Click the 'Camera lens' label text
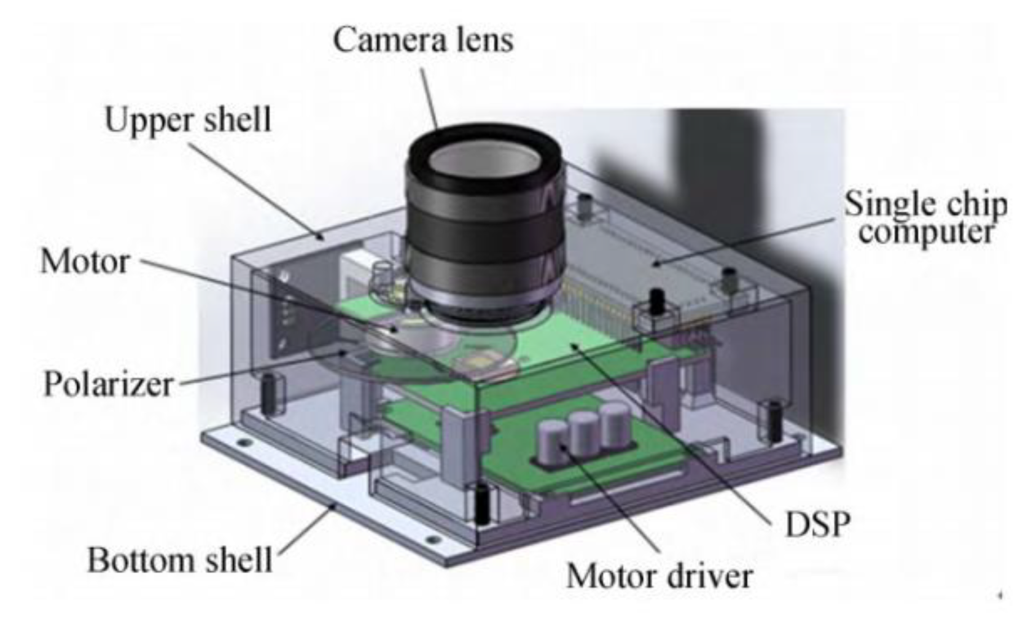point(423,40)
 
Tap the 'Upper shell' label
point(188,120)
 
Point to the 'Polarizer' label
point(108,384)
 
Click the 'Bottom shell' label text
point(179,560)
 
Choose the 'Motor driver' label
point(659,576)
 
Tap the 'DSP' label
point(817,525)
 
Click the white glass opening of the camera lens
point(485,162)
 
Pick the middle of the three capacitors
point(584,434)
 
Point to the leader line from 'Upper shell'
point(256,191)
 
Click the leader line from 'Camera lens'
point(429,98)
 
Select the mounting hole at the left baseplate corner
point(244,443)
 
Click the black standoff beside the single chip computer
point(656,302)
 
